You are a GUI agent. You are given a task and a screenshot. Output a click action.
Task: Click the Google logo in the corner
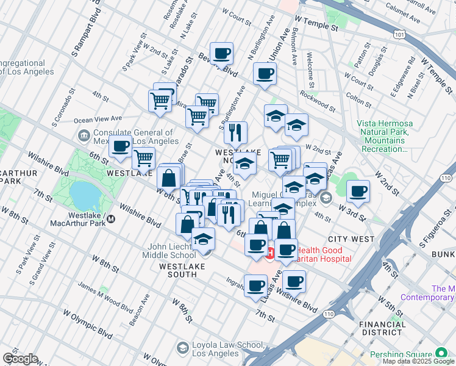[20, 359]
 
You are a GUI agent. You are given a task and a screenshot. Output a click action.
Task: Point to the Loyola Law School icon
[182, 348]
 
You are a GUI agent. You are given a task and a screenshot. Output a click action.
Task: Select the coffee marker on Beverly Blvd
[221, 53]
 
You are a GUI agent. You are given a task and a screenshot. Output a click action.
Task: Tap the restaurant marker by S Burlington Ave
[235, 132]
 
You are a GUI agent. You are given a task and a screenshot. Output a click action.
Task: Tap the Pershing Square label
[396, 354]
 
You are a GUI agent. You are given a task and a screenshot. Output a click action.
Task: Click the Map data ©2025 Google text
[418, 361]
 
